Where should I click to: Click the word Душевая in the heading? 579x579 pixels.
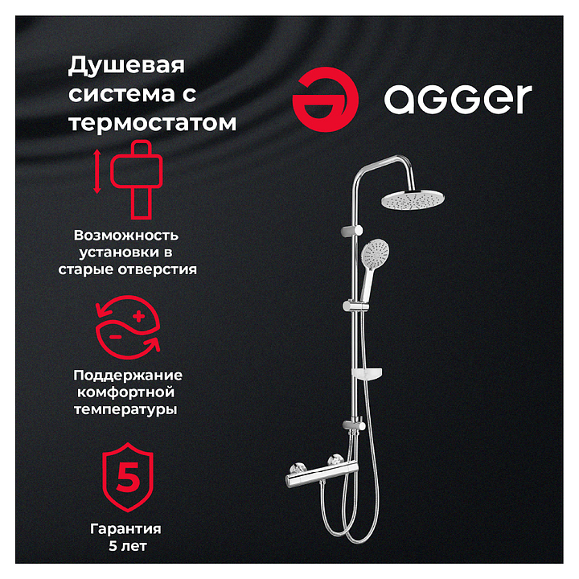click(x=126, y=67)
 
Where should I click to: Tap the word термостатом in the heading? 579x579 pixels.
click(x=153, y=122)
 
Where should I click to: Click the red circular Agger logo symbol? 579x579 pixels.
click(x=325, y=100)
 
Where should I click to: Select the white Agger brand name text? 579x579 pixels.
click(x=458, y=99)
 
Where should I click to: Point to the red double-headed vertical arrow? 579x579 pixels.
click(x=96, y=171)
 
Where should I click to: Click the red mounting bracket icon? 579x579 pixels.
click(x=137, y=179)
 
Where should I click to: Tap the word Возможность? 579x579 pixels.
click(x=126, y=236)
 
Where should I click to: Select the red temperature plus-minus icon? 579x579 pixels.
click(x=128, y=327)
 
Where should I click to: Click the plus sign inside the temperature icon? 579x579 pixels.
click(x=139, y=317)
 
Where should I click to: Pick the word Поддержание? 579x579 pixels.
click(x=128, y=376)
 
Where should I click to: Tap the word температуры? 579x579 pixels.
click(x=125, y=410)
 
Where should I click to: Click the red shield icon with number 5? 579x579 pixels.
click(x=128, y=477)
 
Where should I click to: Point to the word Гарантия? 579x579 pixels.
click(x=126, y=529)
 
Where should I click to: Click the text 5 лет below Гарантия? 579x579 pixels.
click(x=128, y=546)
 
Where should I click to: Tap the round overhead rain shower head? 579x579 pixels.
click(x=413, y=199)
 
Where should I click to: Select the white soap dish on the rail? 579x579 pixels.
click(x=367, y=374)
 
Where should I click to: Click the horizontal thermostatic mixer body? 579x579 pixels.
click(x=322, y=474)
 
